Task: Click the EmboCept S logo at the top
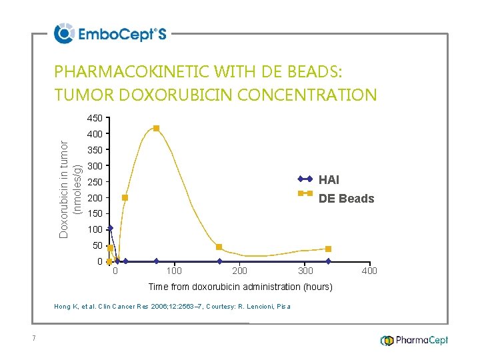click(x=111, y=34)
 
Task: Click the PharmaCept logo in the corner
click(x=414, y=341)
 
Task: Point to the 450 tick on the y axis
click(x=95, y=119)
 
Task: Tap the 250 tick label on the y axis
click(x=95, y=182)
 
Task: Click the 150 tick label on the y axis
click(x=95, y=214)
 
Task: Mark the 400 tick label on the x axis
click(x=369, y=271)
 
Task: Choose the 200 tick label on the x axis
click(x=239, y=271)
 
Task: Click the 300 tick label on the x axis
click(x=305, y=271)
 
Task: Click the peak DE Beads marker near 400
click(x=156, y=128)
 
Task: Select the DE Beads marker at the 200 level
click(x=125, y=197)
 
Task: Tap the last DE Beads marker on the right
click(x=328, y=249)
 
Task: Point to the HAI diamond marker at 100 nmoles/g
click(x=110, y=228)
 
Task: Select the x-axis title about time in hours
click(x=240, y=287)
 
